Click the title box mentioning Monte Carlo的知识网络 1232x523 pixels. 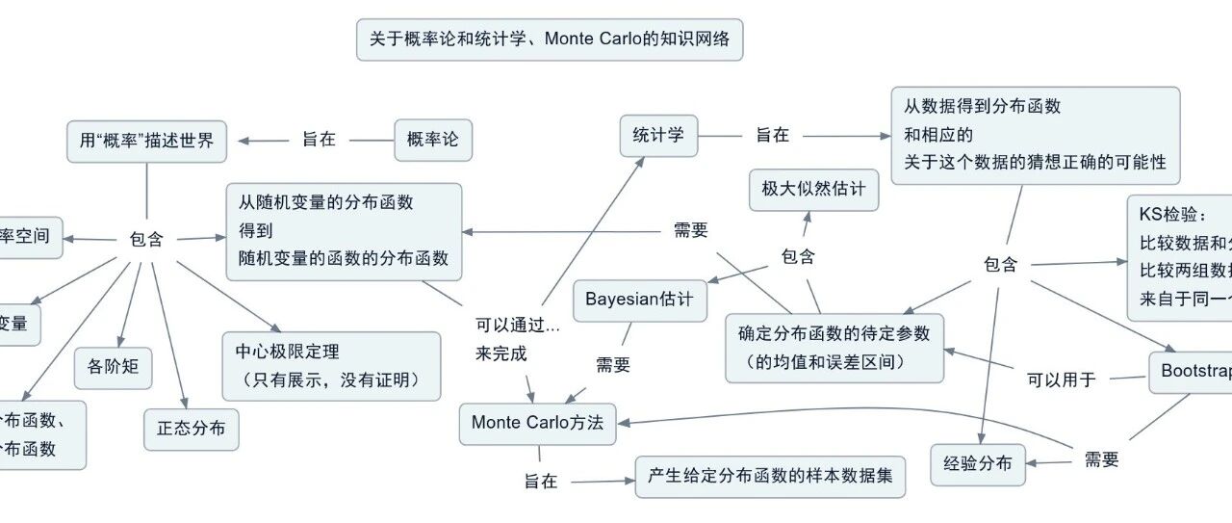pos(550,39)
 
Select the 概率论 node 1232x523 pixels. pos(433,140)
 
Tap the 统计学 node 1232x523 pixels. pos(658,136)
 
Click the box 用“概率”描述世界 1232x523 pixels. pos(147,141)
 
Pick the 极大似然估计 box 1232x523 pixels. pos(814,189)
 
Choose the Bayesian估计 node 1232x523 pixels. pos(639,299)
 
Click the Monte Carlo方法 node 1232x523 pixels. pos(537,423)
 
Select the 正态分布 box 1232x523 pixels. pos(191,429)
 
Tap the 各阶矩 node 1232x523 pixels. pos(113,367)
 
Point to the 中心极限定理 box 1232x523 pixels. pos(331,366)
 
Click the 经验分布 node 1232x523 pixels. pos(978,464)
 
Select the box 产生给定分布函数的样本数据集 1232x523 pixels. pos(770,476)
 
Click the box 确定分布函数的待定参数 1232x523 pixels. pos(834,348)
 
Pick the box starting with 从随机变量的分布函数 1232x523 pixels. pos(344,231)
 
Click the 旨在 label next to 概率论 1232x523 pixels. pos(319,140)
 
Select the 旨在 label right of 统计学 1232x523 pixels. pos(772,136)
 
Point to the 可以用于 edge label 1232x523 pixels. pos(1062,379)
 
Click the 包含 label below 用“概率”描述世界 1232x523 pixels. pos(146,239)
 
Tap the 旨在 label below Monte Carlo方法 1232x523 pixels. pos(541,482)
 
